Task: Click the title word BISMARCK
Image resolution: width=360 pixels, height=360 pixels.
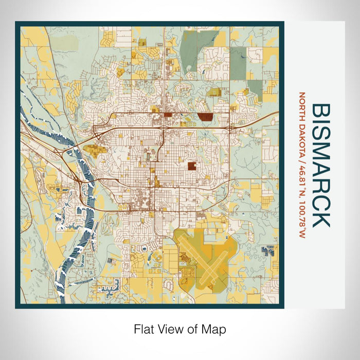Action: pyautogui.click(x=321, y=165)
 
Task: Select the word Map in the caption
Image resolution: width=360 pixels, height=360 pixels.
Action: pyautogui.click(x=214, y=329)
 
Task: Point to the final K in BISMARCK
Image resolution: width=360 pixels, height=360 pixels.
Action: pyautogui.click(x=321, y=219)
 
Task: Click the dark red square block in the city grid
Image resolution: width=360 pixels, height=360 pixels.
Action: pyautogui.click(x=191, y=166)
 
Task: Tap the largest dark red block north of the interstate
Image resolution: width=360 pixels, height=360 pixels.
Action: pyautogui.click(x=206, y=116)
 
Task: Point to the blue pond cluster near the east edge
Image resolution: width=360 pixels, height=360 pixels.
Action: pyautogui.click(x=267, y=250)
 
